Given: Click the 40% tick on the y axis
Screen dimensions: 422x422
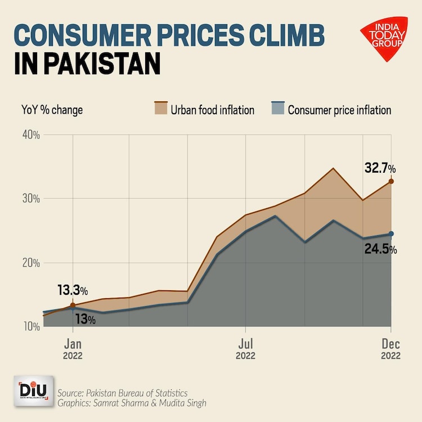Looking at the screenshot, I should (x=30, y=135).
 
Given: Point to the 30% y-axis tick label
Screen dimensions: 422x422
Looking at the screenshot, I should (x=30, y=199).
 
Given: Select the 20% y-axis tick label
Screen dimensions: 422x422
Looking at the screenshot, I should (x=30, y=263).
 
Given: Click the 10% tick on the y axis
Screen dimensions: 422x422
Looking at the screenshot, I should (x=30, y=326).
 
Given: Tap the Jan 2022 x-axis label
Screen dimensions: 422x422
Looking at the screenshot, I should (x=73, y=348).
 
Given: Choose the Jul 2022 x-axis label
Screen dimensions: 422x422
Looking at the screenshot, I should (x=245, y=348).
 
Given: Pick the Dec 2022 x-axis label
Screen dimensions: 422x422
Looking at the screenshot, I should (x=390, y=348).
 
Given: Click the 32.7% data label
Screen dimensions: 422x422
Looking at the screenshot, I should (x=380, y=168).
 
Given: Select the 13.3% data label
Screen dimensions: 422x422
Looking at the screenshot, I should (x=73, y=291).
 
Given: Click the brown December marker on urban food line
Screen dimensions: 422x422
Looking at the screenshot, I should (x=390, y=181).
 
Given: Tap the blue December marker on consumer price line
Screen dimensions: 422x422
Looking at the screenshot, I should (x=390, y=234).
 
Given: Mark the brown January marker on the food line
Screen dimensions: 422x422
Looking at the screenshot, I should (x=73, y=305).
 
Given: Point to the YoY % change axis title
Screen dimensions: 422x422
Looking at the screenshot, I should (x=52, y=110).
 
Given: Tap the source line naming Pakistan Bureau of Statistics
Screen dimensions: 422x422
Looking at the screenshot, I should (x=123, y=392).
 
